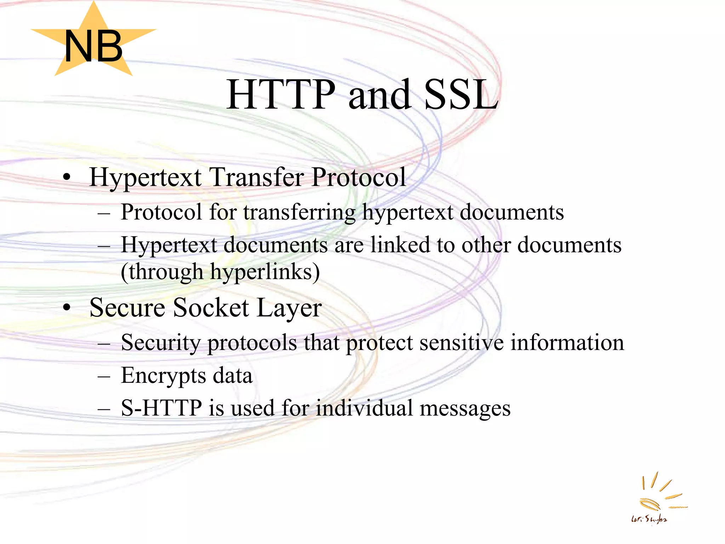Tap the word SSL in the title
[461, 95]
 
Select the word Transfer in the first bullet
[257, 177]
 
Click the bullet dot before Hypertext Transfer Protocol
[67, 177]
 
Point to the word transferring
[299, 212]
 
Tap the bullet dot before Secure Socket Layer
[67, 308]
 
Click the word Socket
[211, 307]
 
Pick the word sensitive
[461, 342]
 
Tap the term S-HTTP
[161, 408]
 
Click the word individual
[364, 408]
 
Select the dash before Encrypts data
[104, 376]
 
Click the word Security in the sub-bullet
[161, 343]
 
